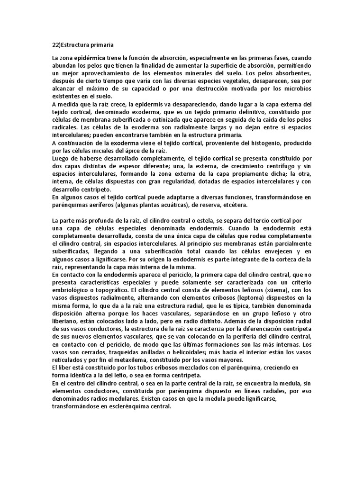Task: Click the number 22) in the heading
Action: point(57,45)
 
